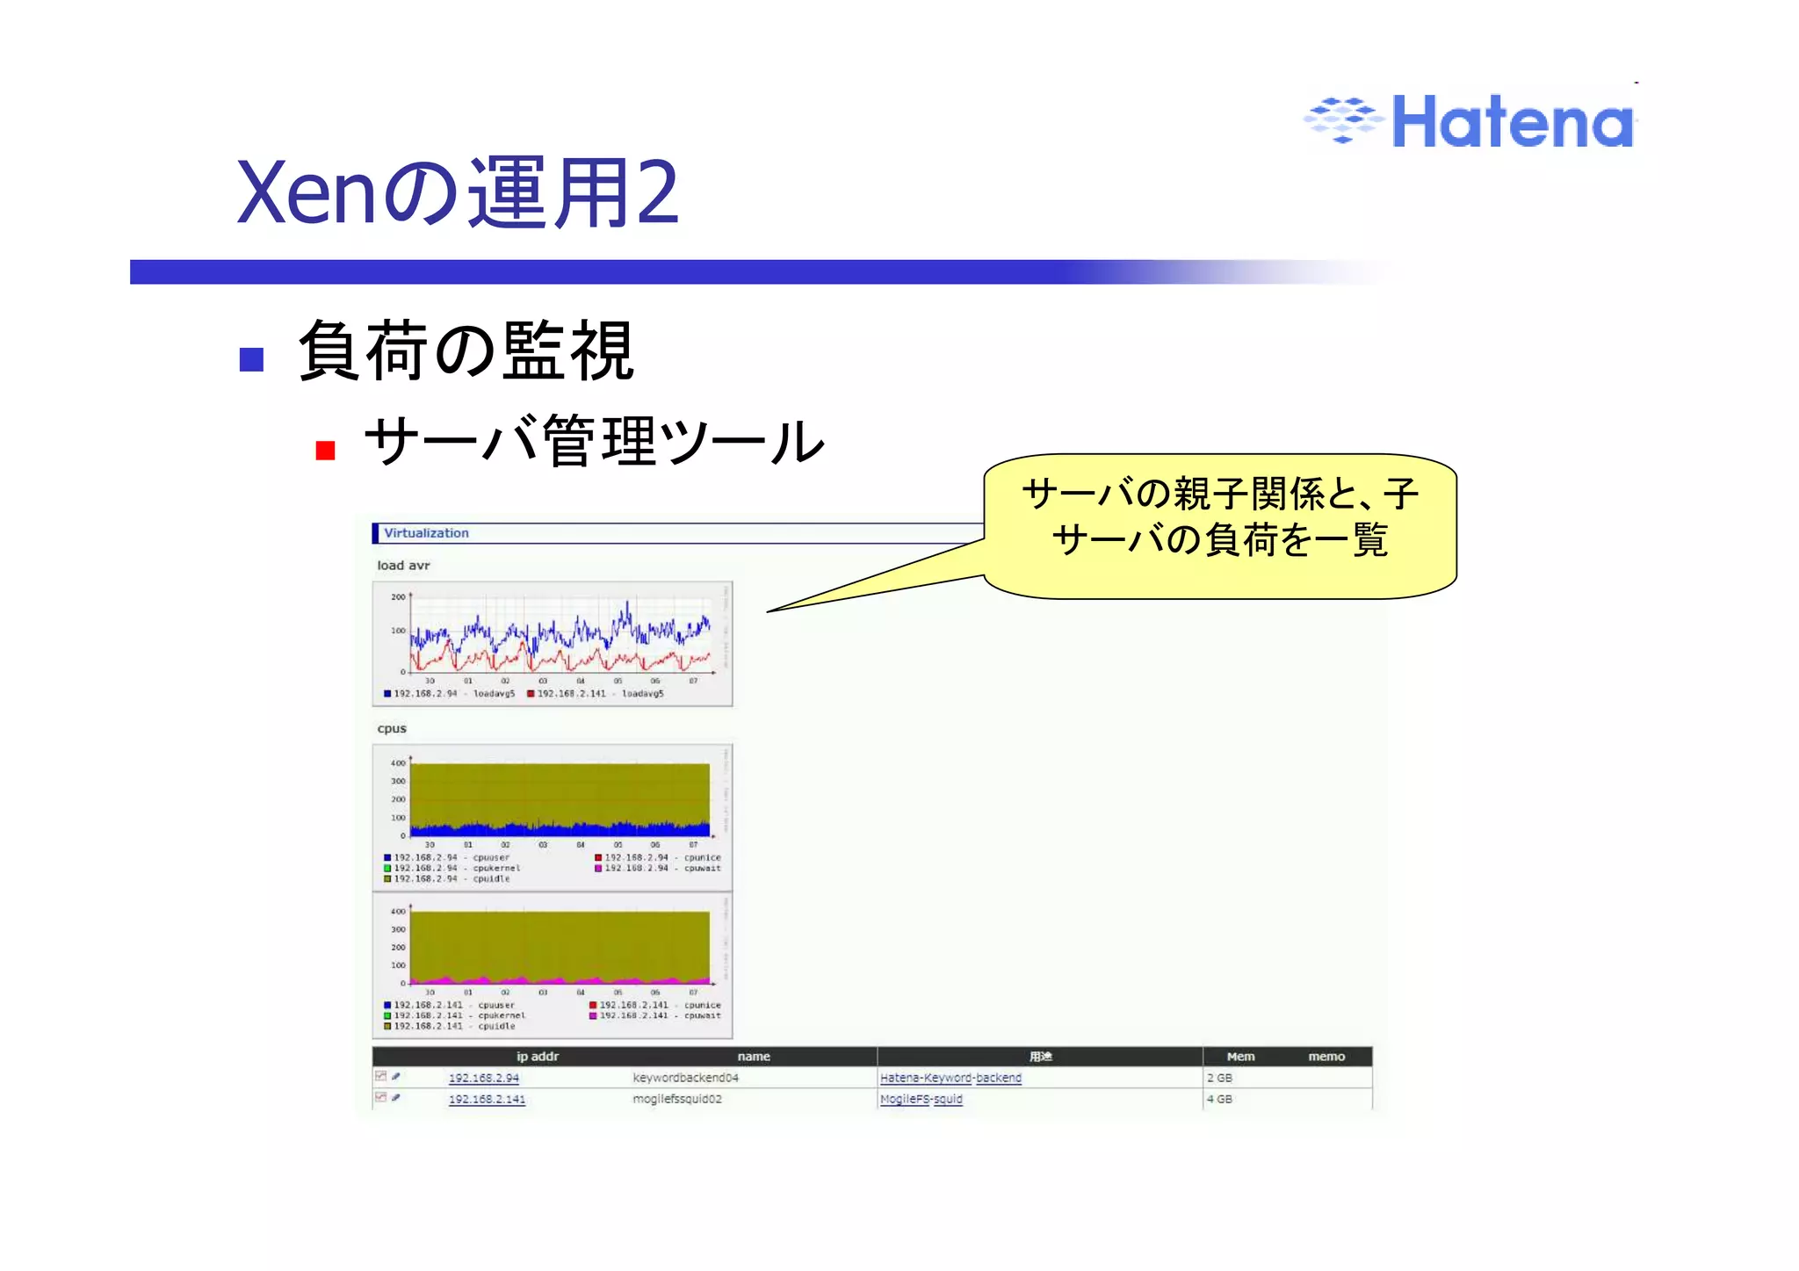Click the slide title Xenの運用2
click(458, 193)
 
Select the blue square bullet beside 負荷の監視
click(252, 359)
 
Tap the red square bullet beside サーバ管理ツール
click(326, 451)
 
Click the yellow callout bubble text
click(1219, 517)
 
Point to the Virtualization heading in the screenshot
click(426, 533)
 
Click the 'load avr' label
click(403, 566)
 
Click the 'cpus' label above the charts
click(392, 728)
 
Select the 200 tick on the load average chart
click(398, 597)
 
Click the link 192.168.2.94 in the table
click(483, 1078)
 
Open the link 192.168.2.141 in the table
click(487, 1099)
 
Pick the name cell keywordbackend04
click(685, 1078)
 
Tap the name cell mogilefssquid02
click(677, 1099)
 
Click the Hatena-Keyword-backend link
click(950, 1078)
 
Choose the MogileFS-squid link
click(921, 1099)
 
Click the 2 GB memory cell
click(1219, 1078)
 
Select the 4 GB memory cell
click(1219, 1099)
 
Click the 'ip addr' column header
click(537, 1057)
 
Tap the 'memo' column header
click(1326, 1057)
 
